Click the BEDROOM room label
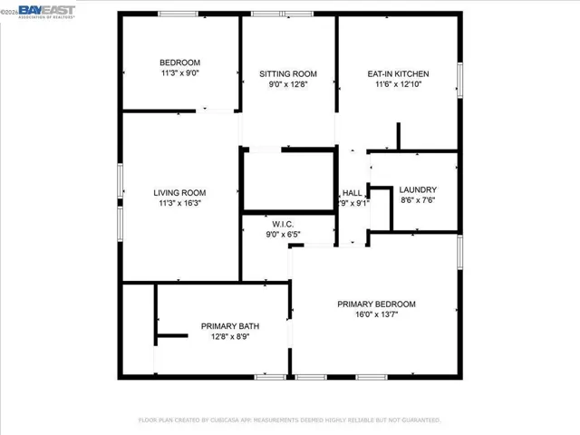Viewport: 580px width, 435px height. point(179,62)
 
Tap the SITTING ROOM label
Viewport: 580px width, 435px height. point(288,73)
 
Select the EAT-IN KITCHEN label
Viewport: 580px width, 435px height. point(398,73)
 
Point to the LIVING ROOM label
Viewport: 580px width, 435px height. point(179,192)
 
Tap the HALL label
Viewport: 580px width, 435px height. point(352,192)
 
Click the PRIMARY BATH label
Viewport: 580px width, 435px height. point(231,326)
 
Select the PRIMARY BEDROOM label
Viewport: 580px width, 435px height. point(376,304)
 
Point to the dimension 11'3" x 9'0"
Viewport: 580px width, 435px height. point(179,72)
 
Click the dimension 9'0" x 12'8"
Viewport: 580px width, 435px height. point(288,84)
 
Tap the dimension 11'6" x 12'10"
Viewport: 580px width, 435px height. point(398,84)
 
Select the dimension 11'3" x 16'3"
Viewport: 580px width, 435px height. point(179,203)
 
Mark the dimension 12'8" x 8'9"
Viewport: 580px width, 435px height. point(231,337)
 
